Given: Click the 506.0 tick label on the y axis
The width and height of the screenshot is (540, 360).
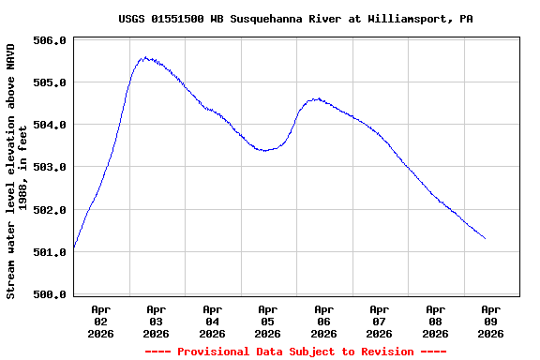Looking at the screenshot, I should [x=50, y=40].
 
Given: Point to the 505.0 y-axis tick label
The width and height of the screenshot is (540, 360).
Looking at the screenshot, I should [x=50, y=82].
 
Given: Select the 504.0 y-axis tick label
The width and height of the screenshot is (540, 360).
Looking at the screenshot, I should [x=50, y=125].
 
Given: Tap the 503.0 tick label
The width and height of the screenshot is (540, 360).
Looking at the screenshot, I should [x=50, y=167].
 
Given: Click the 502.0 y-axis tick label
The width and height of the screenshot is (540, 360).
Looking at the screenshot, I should [x=50, y=210].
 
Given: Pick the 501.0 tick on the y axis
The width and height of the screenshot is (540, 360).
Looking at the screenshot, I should [x=50, y=252].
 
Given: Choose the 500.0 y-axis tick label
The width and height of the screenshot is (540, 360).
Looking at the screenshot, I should [x=50, y=294].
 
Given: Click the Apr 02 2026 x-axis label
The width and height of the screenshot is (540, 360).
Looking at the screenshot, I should [x=100, y=321].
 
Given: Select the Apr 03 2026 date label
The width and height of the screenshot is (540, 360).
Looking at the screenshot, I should [x=157, y=321].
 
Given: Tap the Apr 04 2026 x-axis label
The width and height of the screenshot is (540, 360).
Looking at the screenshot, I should [x=212, y=321].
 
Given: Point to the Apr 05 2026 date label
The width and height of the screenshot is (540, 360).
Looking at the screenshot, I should [x=268, y=321].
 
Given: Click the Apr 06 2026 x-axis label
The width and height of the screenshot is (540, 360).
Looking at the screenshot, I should [x=323, y=321].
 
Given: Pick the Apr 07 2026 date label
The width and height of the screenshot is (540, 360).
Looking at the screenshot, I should [x=380, y=321].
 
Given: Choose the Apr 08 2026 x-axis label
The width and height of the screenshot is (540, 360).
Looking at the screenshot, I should [x=435, y=321].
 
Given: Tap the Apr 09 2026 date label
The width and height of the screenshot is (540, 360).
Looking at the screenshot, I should [x=491, y=321].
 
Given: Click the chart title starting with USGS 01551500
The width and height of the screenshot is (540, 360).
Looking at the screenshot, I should [x=295, y=19].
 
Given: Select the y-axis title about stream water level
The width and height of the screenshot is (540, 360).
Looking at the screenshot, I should [x=16, y=170].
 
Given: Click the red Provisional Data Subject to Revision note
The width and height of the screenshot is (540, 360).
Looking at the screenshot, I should [x=295, y=352].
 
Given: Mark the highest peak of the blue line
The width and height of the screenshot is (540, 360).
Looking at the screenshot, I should [x=144, y=57].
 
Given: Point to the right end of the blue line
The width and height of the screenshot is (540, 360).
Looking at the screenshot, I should [x=485, y=238].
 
